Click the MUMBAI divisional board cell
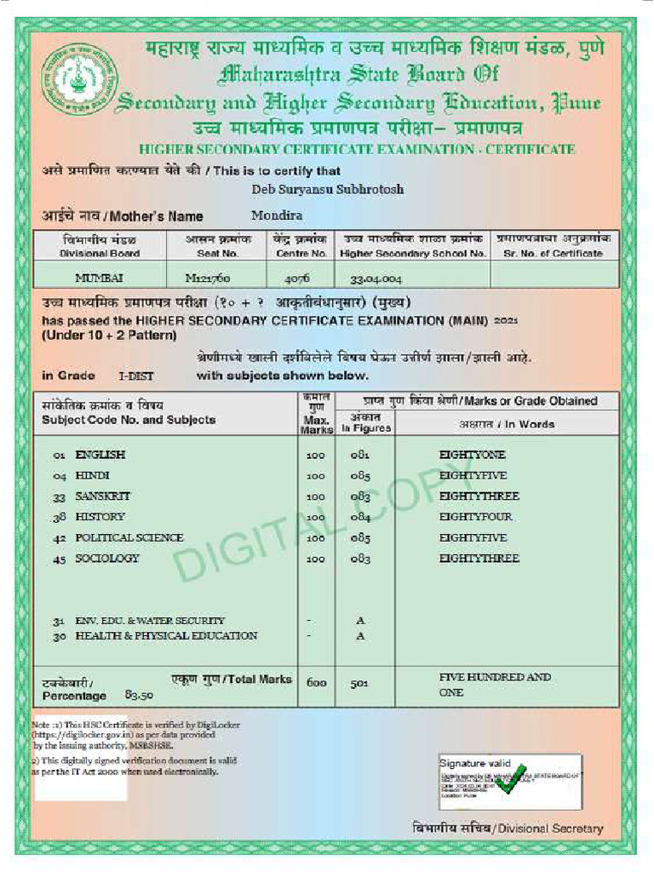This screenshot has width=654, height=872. tap(99, 278)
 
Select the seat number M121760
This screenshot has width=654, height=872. tap(208, 278)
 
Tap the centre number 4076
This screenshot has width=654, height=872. tap(297, 278)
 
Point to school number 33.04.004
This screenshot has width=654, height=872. tap(376, 278)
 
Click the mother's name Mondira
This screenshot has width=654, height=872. tap(277, 215)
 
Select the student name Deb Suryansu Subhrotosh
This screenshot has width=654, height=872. tap(328, 189)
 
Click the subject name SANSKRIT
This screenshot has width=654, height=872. tap(103, 496)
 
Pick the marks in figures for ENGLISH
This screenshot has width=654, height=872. tap(360, 455)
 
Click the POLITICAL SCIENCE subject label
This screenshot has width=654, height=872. tap(129, 537)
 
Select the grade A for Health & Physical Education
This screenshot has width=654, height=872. tap(360, 635)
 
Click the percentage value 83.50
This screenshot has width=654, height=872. tap(139, 695)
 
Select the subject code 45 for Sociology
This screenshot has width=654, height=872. tap(59, 559)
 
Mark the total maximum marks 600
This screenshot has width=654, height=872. tap(316, 682)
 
